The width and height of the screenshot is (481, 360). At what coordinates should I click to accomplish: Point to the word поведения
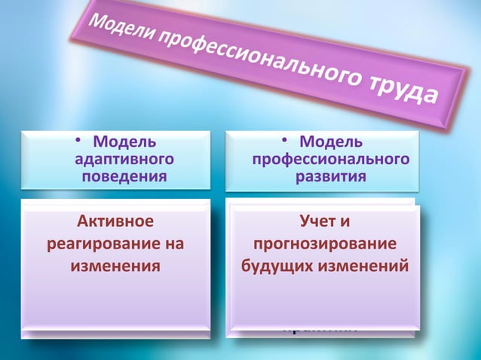tap(124, 176)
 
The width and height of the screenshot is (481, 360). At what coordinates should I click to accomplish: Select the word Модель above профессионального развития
tap(331, 142)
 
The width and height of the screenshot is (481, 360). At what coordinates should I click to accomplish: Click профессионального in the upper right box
tap(331, 159)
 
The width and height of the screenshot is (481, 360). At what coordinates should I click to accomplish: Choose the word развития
tap(331, 176)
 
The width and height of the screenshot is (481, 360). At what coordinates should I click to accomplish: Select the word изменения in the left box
tap(115, 266)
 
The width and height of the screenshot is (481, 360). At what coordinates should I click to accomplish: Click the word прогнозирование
tap(325, 244)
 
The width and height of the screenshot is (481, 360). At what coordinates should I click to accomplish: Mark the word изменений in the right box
tap(365, 266)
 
